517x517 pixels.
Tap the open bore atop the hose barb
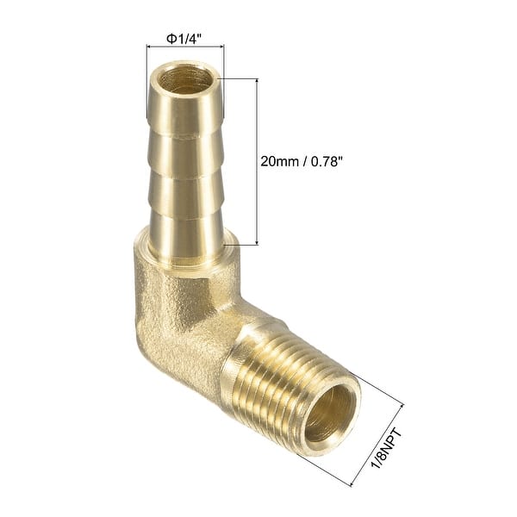(x=184, y=81)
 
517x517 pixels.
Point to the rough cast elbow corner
(x=172, y=310)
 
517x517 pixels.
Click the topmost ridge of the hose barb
(x=184, y=121)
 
